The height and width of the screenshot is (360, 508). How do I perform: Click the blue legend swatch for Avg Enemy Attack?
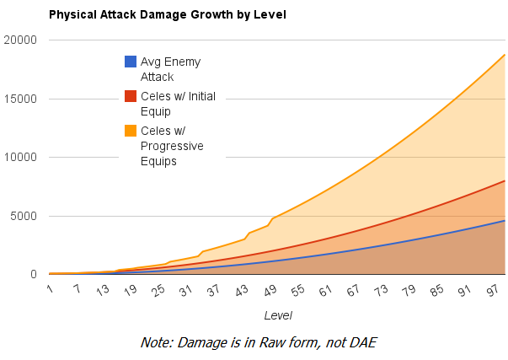coord(131,62)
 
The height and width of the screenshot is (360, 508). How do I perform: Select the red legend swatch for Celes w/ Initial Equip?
coord(131,96)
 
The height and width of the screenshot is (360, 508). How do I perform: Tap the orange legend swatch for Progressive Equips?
coord(131,131)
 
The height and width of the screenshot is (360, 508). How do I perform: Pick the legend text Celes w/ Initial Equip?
coord(178,104)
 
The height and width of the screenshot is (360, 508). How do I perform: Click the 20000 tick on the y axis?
coord(20,40)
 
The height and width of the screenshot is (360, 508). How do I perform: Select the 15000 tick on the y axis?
coord(20,99)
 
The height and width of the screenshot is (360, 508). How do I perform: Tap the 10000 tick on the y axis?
coord(20,157)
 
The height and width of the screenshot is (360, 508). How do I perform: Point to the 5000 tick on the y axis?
coord(24,216)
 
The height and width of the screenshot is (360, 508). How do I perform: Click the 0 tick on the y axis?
coord(33,274)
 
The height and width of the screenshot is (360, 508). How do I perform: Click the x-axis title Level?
coord(278,314)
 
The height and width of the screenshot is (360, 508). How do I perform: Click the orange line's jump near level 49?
coord(271,221)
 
